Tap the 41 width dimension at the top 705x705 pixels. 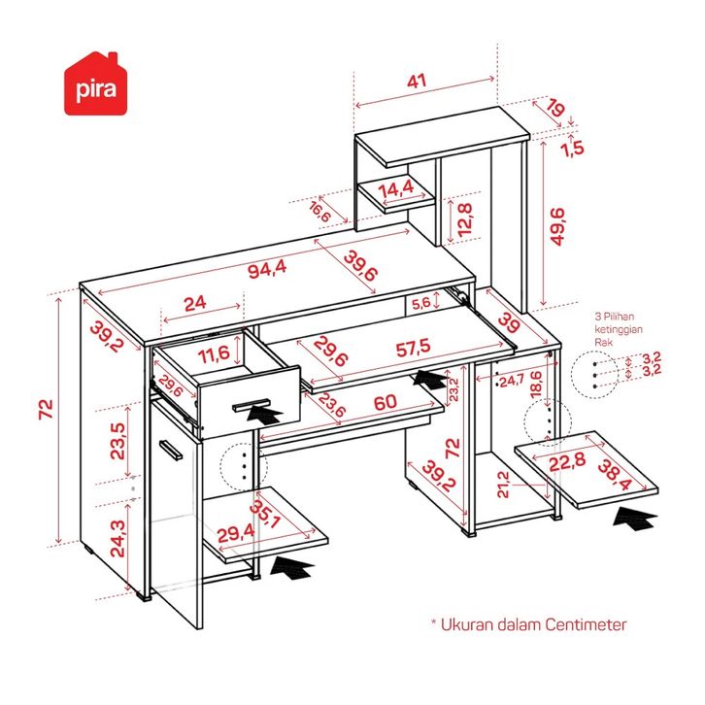point(417,83)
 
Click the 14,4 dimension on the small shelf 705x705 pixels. point(396,187)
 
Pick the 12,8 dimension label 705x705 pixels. point(465,220)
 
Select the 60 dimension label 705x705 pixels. point(385,401)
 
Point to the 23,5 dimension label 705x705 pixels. point(117,441)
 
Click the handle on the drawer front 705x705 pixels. point(255,402)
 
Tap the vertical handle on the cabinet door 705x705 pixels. point(171,450)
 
